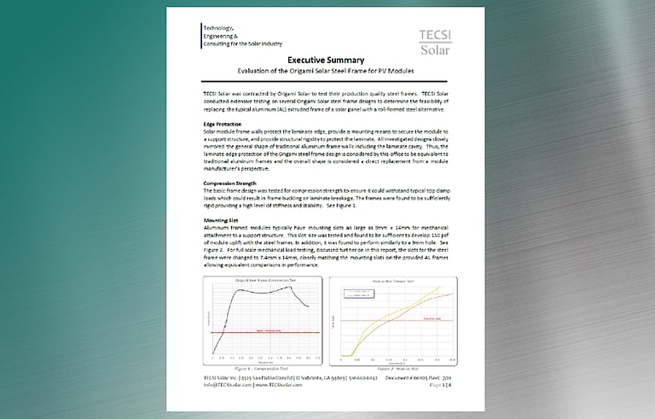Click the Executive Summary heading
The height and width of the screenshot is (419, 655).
point(326,61)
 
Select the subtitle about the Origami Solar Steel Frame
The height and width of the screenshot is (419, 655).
point(327,72)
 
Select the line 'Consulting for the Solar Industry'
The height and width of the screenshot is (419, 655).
point(243,44)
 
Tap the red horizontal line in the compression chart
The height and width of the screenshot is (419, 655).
point(264,331)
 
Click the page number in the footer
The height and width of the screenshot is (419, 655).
point(456,384)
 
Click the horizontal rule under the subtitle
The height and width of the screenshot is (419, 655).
point(327,82)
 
